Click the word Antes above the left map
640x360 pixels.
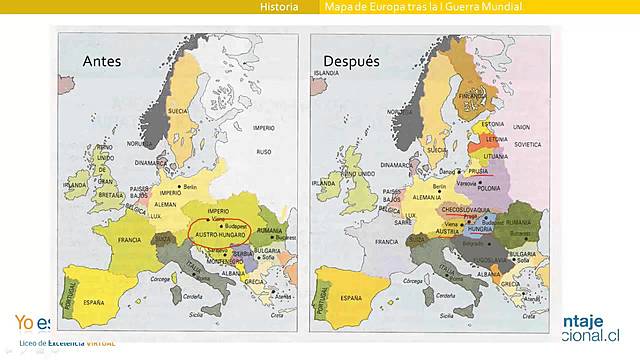[102, 61]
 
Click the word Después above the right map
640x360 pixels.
[351, 61]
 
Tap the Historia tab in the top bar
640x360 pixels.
[279, 7]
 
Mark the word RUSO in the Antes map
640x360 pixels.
[264, 152]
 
